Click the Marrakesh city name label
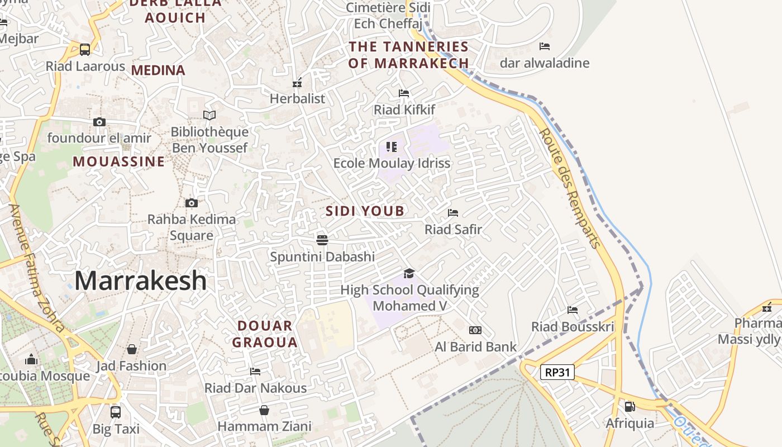140,280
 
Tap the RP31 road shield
557,372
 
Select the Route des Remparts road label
570,188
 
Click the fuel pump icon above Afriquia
630,407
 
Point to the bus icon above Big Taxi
116,412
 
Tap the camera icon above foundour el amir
99,122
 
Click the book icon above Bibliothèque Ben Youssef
209,115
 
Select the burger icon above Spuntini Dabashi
322,240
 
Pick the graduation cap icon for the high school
409,273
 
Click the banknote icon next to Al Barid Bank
475,330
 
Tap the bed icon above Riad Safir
453,213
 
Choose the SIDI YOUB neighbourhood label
365,211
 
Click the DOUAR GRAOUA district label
265,334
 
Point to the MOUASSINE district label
119,161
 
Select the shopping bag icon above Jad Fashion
132,349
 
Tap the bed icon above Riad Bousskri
573,310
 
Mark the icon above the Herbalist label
297,83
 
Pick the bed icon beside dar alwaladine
545,46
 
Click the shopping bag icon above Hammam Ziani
264,411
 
